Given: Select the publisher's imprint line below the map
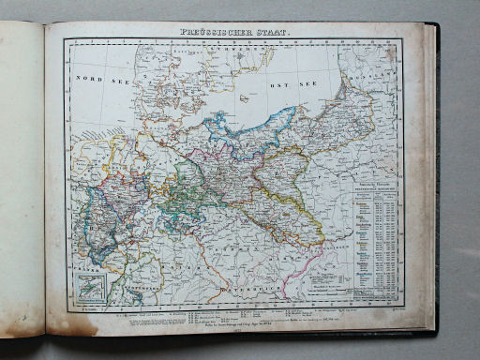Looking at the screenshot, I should coord(234,321).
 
